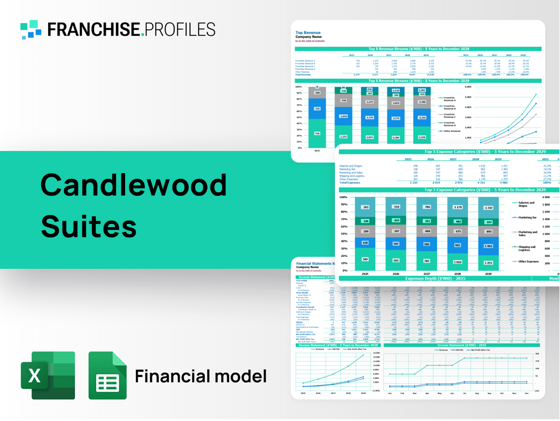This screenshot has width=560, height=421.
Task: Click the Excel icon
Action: point(48,375)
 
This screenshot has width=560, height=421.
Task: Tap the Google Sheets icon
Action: point(107,375)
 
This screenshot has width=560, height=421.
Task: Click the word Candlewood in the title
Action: point(134,185)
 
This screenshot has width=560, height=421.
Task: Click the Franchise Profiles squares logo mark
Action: point(31,29)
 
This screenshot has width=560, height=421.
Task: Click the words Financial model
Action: point(200,376)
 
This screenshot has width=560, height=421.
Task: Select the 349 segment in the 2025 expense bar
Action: point(365,259)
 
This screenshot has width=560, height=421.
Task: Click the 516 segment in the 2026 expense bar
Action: point(396,207)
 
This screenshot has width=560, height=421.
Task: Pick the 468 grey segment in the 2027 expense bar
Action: point(426,231)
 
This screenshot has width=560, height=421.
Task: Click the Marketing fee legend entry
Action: point(527,217)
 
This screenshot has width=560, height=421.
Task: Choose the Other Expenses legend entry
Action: point(528,262)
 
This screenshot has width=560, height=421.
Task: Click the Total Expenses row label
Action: point(351,183)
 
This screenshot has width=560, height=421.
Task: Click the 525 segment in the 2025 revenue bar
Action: point(317,109)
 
